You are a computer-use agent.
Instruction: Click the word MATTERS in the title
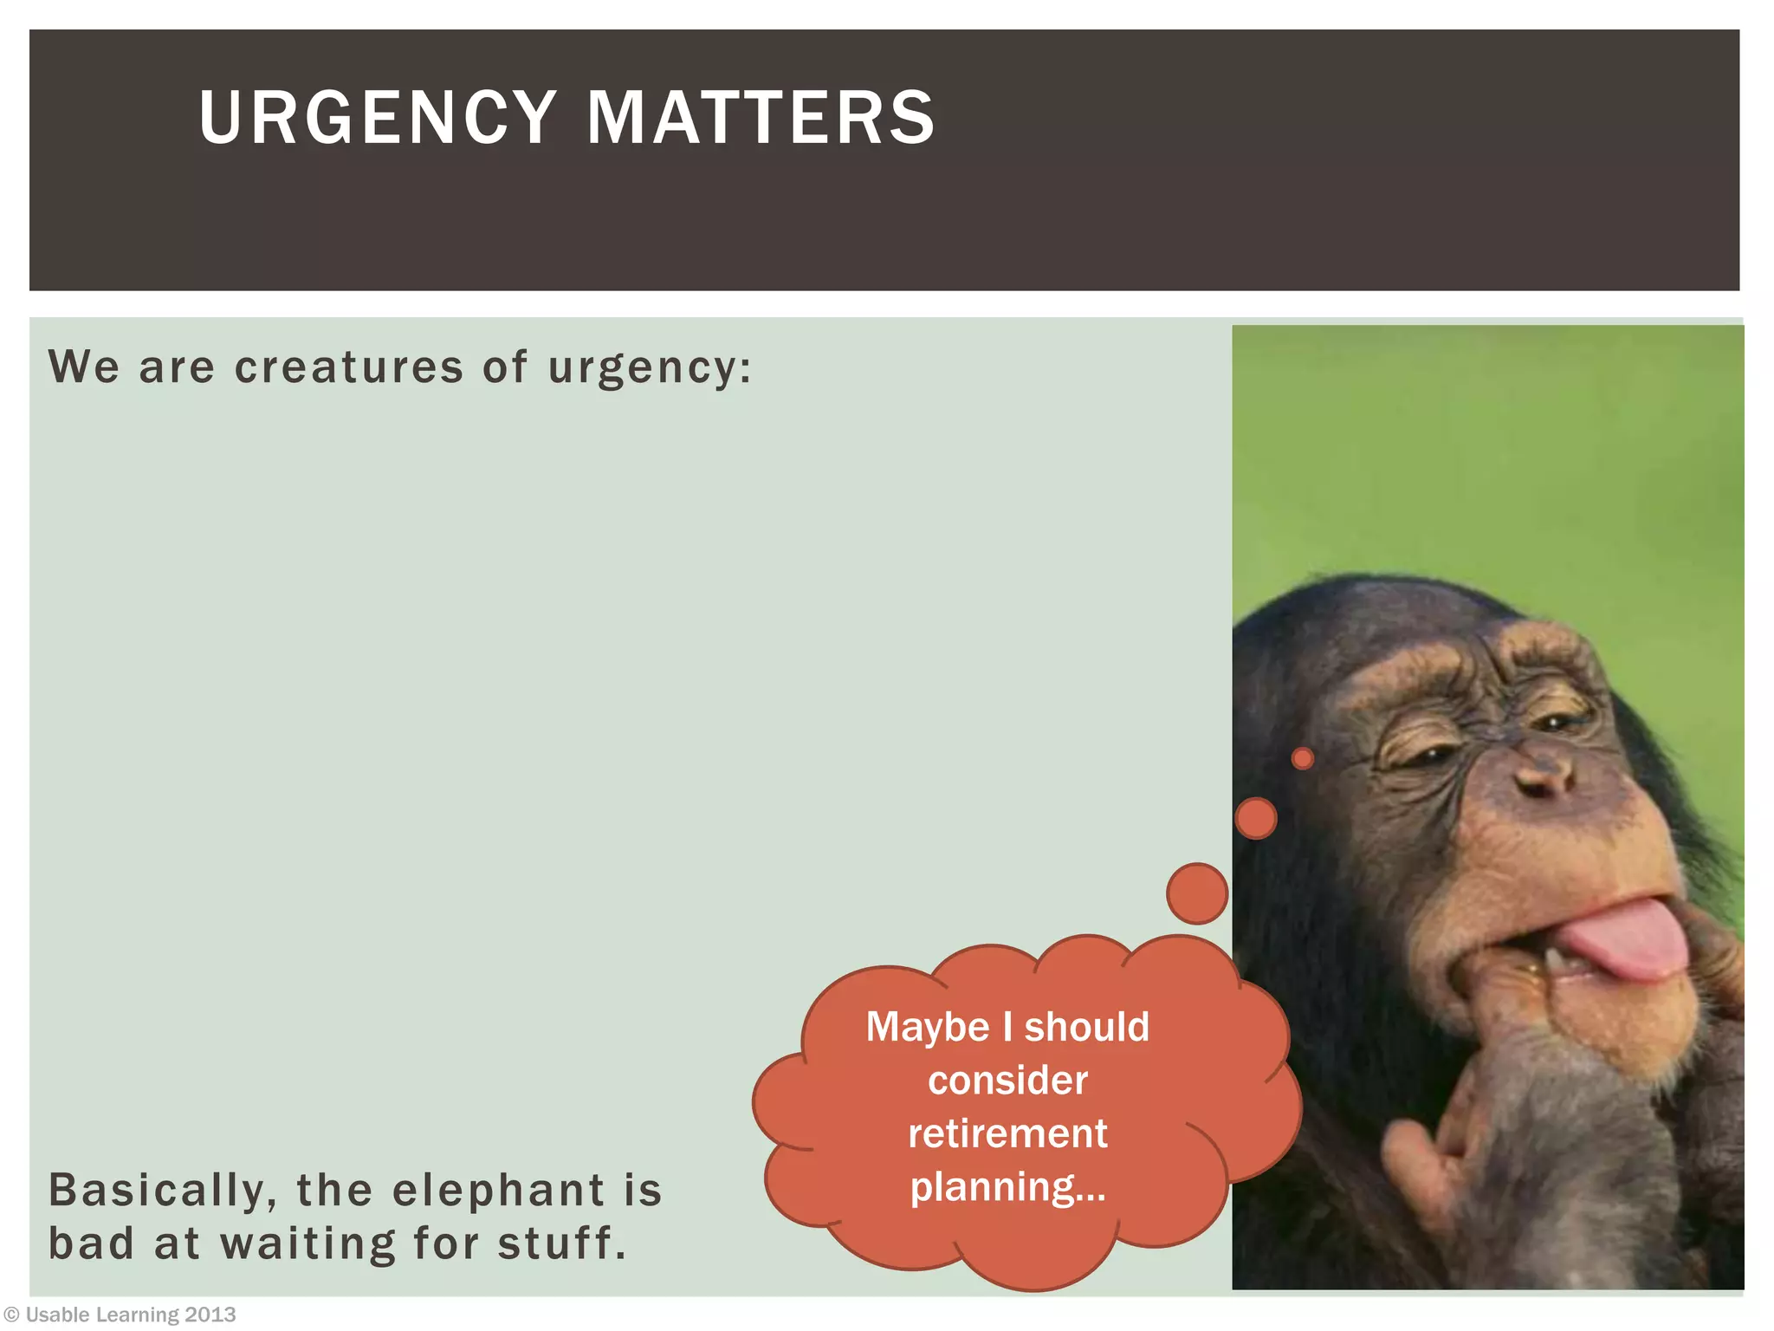pyautogui.click(x=761, y=117)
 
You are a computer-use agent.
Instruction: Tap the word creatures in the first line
pyautogui.click(x=349, y=367)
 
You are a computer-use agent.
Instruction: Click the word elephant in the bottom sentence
pyautogui.click(x=498, y=1190)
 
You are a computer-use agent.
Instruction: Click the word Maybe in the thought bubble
pyautogui.click(x=927, y=1029)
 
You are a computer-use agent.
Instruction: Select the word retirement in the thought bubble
pyautogui.click(x=1007, y=1133)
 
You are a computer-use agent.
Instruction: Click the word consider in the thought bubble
pyautogui.click(x=1007, y=1081)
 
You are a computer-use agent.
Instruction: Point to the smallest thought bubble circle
pyautogui.click(x=1302, y=759)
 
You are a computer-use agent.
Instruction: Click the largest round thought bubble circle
pyautogui.click(x=1197, y=893)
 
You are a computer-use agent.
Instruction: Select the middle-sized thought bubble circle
pyautogui.click(x=1255, y=818)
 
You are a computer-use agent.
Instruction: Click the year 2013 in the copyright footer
pyautogui.click(x=210, y=1315)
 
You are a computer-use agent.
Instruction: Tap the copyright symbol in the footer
pyautogui.click(x=11, y=1315)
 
